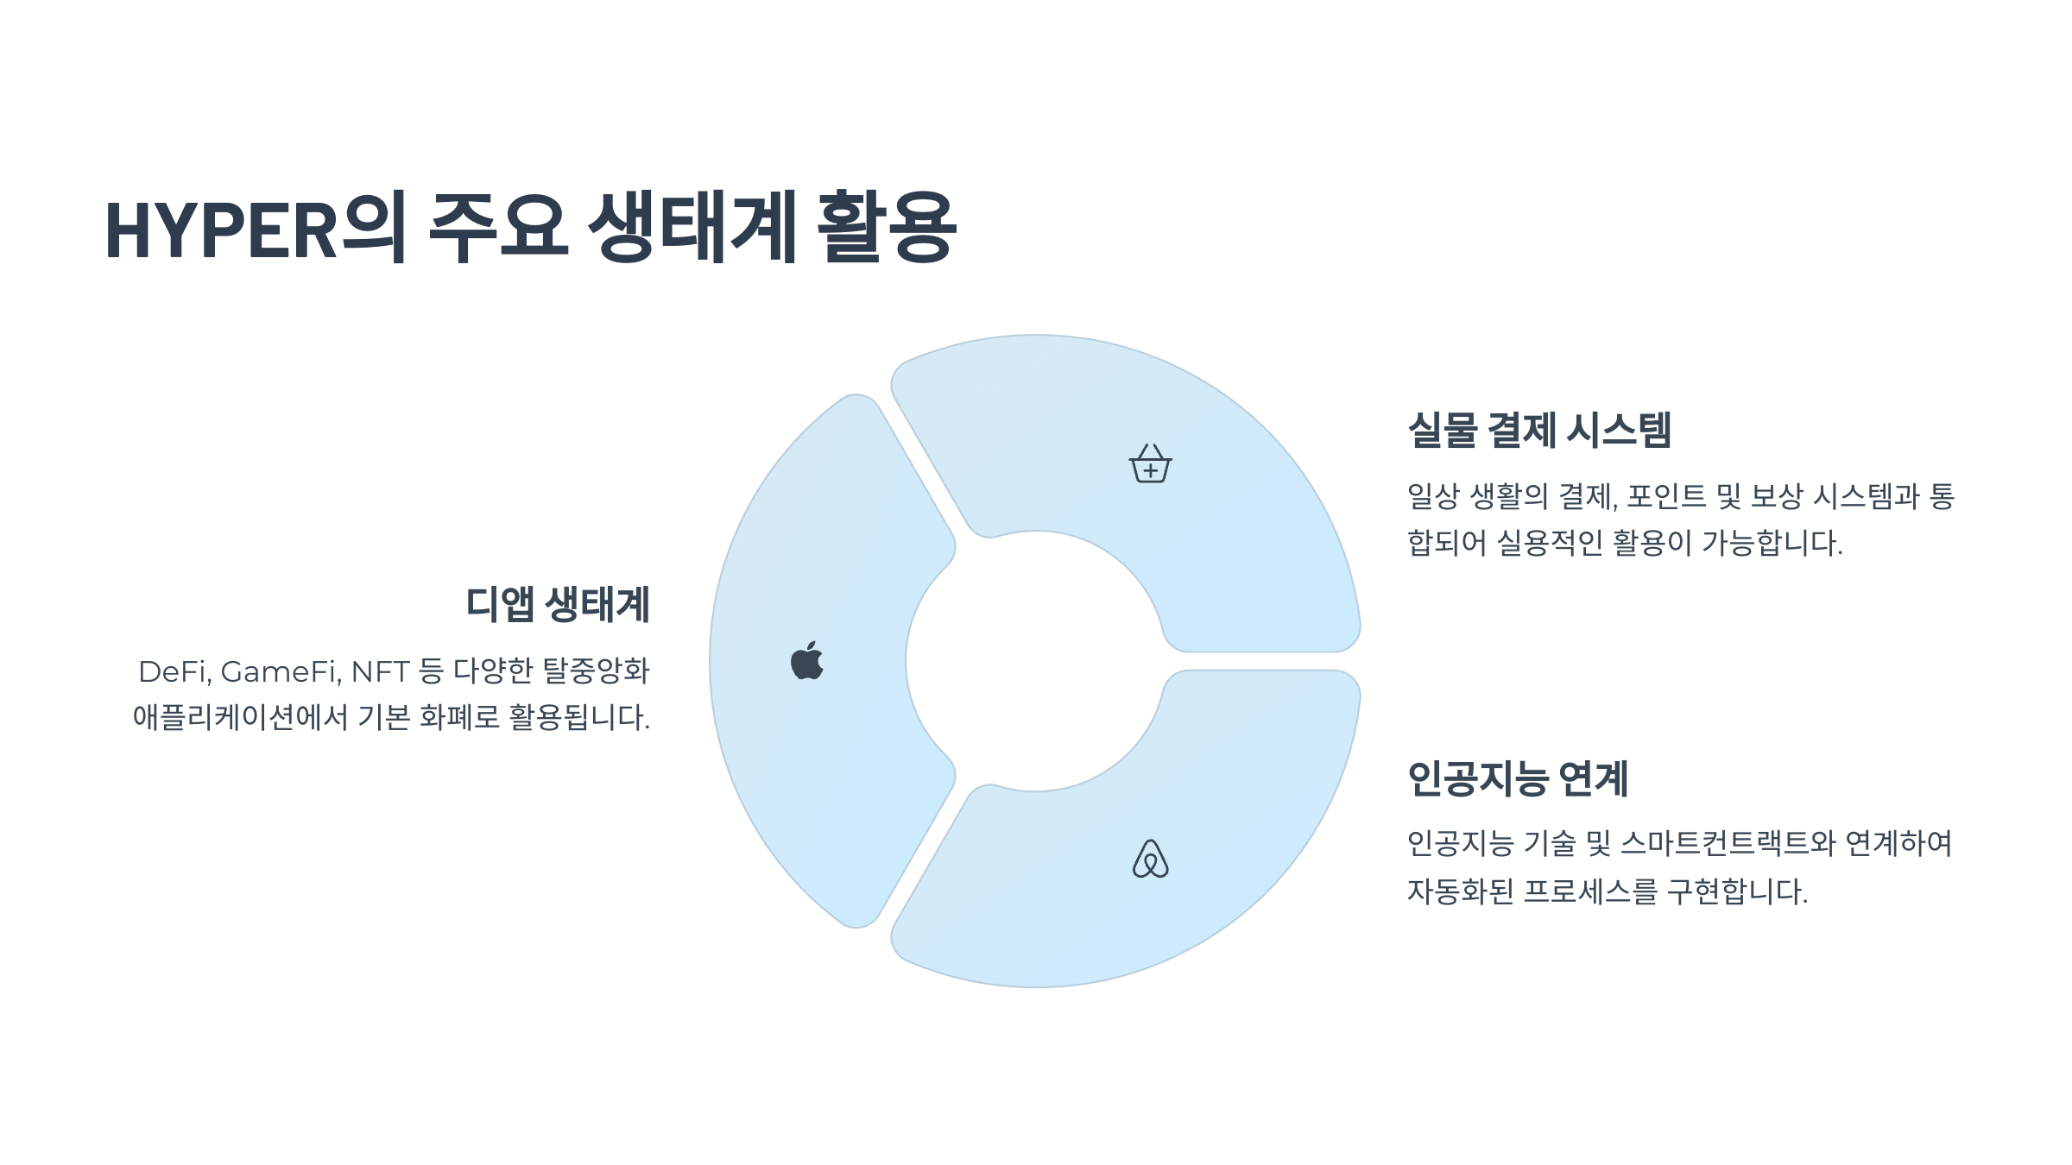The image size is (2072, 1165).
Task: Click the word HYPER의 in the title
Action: coord(255,230)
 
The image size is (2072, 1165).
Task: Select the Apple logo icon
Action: coord(807,661)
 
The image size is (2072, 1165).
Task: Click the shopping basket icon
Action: coord(1150,464)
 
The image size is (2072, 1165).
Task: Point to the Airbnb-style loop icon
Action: coord(1150,859)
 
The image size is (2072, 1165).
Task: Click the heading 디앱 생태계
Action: coord(558,604)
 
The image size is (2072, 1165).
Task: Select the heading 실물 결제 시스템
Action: coord(1539,430)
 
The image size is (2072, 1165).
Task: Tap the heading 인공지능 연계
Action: coord(1518,778)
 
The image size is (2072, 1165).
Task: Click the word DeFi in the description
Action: coord(174,671)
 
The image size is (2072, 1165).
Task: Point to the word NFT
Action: coord(379,671)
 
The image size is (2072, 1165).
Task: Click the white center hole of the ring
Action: coord(1035,661)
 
